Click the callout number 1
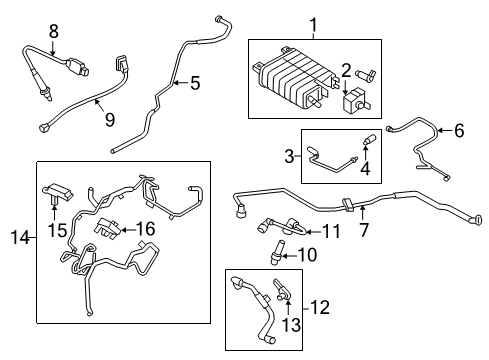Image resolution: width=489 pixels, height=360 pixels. [x=311, y=23]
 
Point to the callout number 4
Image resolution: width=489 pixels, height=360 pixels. [x=366, y=170]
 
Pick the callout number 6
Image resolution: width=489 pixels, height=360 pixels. [x=459, y=130]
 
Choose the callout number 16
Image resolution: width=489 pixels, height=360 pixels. [x=147, y=230]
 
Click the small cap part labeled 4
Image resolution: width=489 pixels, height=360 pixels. [x=366, y=142]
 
